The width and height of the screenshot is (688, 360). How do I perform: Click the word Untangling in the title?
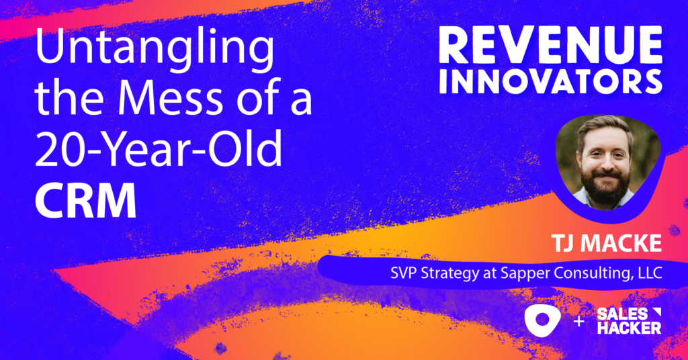pyautogui.click(x=155, y=53)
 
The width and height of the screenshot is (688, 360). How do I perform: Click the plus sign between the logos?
pyautogui.click(x=578, y=322)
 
